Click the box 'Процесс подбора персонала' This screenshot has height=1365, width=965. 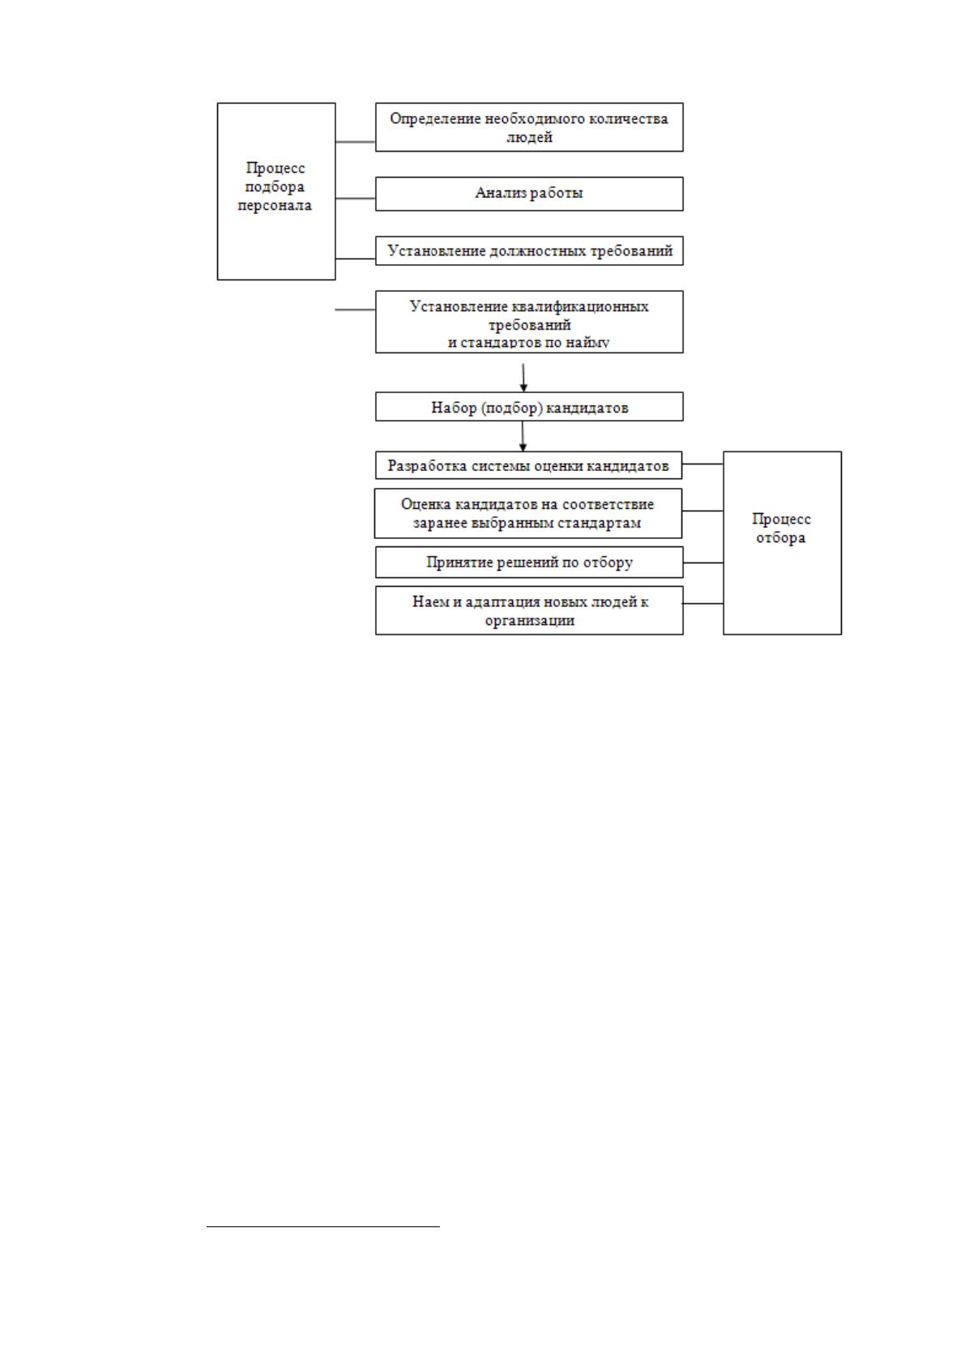click(x=276, y=191)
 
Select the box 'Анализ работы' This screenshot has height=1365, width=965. click(x=529, y=194)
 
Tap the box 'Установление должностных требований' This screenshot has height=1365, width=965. click(x=529, y=251)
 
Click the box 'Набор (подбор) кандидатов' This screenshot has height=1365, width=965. click(x=529, y=406)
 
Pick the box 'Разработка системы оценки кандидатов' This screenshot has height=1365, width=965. click(x=528, y=465)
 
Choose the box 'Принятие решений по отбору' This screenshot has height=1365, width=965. click(x=529, y=562)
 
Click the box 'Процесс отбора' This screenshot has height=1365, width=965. click(x=782, y=543)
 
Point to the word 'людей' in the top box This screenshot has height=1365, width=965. click(x=529, y=137)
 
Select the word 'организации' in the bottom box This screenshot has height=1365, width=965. click(x=529, y=621)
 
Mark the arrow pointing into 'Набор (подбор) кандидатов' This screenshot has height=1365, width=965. click(x=523, y=378)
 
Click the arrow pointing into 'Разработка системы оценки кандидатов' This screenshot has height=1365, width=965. click(x=523, y=436)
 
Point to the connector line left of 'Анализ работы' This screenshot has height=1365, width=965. click(x=355, y=198)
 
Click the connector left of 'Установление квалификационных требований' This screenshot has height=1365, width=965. click(x=355, y=310)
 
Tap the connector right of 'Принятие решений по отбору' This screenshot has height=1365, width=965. click(x=703, y=563)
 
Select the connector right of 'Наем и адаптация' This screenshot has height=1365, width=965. click(x=703, y=603)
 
